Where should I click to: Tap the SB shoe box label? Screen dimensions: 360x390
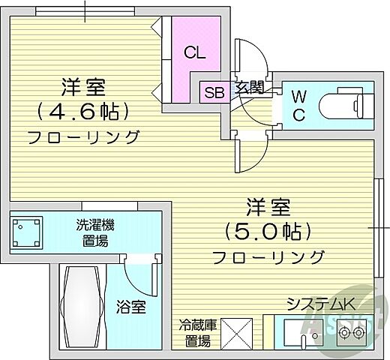click(214, 93)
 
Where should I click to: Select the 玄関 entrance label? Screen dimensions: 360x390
click(249, 87)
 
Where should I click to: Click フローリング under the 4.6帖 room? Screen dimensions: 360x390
click(82, 136)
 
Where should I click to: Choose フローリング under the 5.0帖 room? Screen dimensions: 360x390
click(268, 257)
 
